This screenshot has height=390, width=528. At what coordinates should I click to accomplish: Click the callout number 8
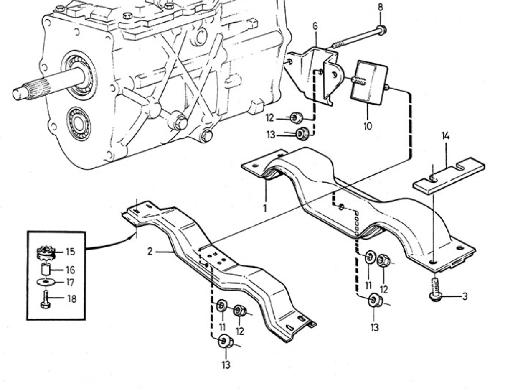381,7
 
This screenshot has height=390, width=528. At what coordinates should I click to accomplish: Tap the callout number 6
315,26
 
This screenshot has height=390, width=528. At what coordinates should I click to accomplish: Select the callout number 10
368,126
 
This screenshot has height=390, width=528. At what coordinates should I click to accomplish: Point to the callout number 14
445,136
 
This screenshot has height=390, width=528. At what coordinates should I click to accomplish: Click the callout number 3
465,297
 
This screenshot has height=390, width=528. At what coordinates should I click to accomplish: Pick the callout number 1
265,208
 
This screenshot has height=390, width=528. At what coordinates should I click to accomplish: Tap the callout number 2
150,252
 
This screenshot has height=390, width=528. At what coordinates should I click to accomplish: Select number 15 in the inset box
70,252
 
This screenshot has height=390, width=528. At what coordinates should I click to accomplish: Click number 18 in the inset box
72,298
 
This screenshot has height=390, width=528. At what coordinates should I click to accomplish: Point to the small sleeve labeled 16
46,270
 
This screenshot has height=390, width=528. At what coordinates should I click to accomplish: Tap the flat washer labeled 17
46,283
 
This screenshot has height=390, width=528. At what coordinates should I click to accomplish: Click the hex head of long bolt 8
382,31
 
